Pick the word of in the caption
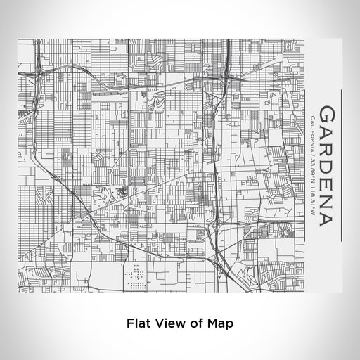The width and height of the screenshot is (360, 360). [x=193, y=323]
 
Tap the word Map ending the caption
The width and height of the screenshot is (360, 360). [x=216, y=323]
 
